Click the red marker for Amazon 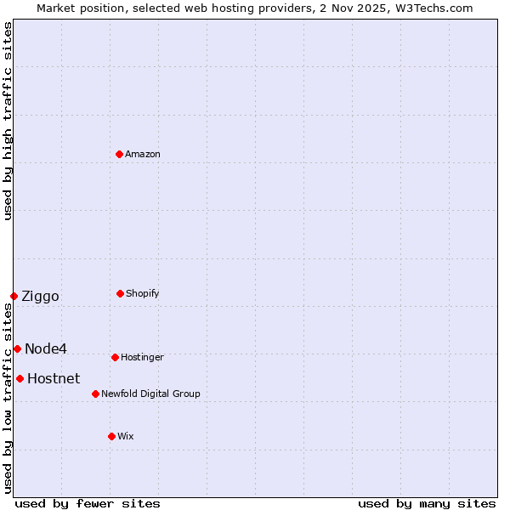coord(120,154)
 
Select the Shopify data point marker coord(120,293)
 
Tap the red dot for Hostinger coord(115,357)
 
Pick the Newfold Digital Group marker coord(95,394)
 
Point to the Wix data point coord(111,436)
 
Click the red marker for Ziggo coord(14,296)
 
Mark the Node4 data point coord(17,348)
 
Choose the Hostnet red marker coord(20,378)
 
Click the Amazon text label coord(143,154)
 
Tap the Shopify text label coord(143,293)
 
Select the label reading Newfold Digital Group coord(150,394)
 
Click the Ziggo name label coord(40,296)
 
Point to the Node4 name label coord(46,348)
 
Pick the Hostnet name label coord(54,378)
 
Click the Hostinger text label coord(142,357)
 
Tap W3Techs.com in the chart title coord(430,8)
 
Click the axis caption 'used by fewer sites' coord(88,503)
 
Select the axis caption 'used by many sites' coord(427,503)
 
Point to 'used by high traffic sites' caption coord(8,121)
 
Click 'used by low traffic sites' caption coord(8,399)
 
